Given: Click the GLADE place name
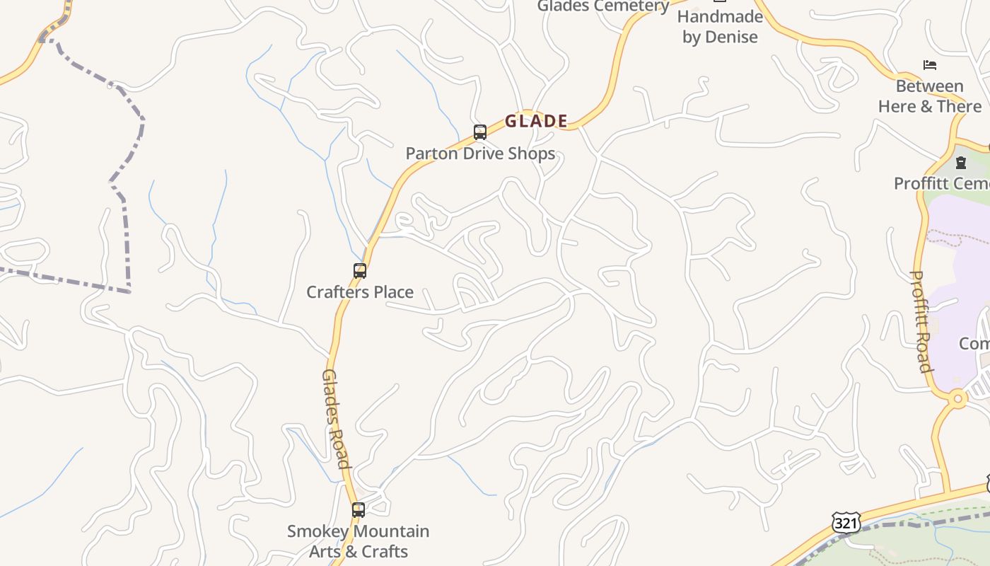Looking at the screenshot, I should tap(536, 121).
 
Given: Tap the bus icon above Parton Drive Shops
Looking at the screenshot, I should tap(480, 132).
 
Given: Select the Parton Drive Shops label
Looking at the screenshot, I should tap(480, 154).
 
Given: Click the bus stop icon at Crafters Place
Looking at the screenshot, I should tap(360, 271).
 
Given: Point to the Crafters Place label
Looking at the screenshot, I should tap(360, 291).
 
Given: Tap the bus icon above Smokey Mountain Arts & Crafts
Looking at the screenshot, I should tap(359, 510).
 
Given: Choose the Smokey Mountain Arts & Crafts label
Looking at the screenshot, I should tap(359, 541).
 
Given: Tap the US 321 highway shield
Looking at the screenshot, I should tap(846, 523).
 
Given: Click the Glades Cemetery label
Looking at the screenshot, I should tap(602, 6).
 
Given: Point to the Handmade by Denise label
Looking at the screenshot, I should tap(720, 27).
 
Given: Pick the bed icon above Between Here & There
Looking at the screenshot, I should tap(930, 65).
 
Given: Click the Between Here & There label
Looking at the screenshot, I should tap(930, 96).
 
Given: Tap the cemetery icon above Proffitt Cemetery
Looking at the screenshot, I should tap(961, 163).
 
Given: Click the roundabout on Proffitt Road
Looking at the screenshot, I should tap(958, 399).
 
